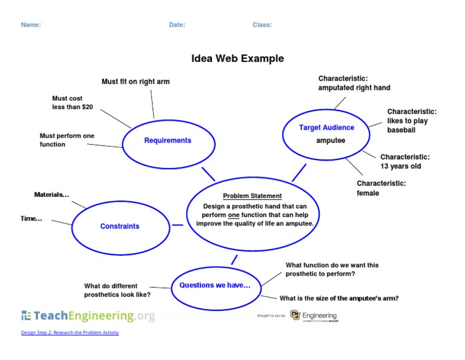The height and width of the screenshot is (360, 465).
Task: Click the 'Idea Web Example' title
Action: (x=237, y=59)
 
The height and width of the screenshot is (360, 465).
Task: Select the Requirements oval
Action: (x=168, y=141)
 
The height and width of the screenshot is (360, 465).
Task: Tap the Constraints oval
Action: (x=120, y=227)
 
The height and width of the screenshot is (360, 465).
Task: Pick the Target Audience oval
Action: (x=327, y=133)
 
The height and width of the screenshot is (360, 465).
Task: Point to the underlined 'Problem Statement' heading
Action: (x=252, y=196)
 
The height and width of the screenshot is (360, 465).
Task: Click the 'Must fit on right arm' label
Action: (x=136, y=82)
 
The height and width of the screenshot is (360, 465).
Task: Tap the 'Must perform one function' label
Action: (x=67, y=140)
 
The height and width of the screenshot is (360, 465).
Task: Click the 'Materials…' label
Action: (x=51, y=195)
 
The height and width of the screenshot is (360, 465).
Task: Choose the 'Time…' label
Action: (x=31, y=218)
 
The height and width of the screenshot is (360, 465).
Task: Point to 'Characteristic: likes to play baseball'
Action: (x=412, y=121)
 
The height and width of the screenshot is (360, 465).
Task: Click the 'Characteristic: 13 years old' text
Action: (x=405, y=161)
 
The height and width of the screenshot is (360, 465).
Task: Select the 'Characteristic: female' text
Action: (x=381, y=188)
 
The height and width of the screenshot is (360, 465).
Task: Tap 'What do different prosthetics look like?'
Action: (x=117, y=290)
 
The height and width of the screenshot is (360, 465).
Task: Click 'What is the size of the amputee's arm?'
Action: (x=338, y=298)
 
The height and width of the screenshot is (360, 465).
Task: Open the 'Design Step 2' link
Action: (x=70, y=333)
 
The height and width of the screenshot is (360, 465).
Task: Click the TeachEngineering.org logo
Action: (x=88, y=315)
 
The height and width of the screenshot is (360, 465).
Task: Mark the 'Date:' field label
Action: (x=177, y=25)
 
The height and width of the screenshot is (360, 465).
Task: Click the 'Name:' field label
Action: (x=31, y=25)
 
